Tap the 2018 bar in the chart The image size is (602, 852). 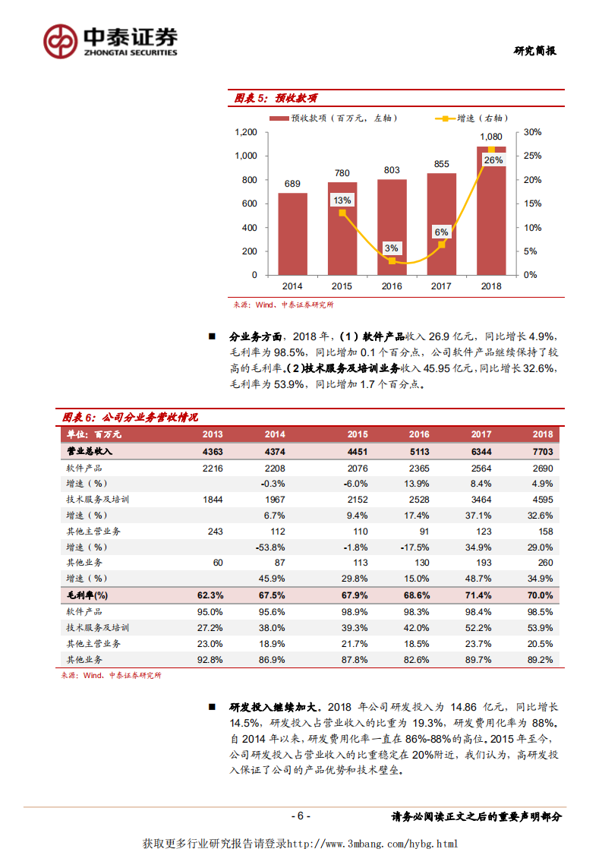(491, 220)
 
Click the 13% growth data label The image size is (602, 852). (342, 200)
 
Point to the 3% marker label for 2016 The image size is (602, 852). (392, 248)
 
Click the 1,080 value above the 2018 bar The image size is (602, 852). (491, 137)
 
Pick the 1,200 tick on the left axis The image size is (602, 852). (245, 132)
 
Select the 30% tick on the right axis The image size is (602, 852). (533, 132)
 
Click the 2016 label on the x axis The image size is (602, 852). (392, 286)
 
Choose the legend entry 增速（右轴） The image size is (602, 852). (471, 118)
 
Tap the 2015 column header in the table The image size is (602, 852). (357, 434)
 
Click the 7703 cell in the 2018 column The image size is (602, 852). (542, 451)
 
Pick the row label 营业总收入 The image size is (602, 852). (90, 451)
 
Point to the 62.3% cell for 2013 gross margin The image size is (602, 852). (211, 595)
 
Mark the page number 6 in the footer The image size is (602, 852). (301, 816)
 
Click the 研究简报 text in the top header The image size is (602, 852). (534, 51)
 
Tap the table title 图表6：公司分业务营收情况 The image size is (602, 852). (130, 418)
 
